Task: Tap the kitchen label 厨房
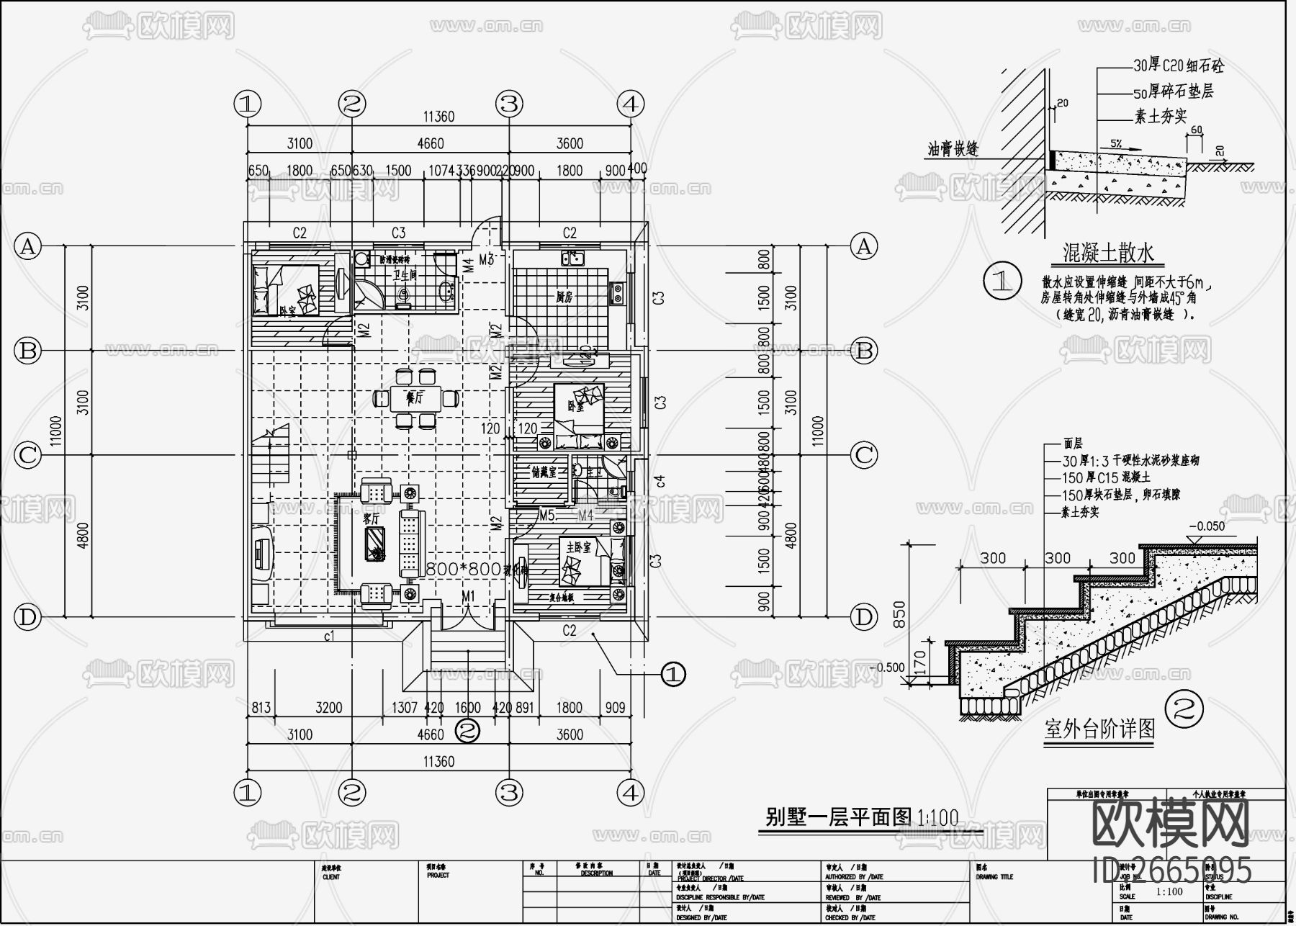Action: tap(564, 297)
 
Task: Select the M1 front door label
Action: tap(469, 596)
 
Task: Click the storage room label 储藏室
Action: tap(544, 473)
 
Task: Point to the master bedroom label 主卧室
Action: tap(578, 548)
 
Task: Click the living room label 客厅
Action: tap(371, 518)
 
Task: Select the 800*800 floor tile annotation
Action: tap(464, 569)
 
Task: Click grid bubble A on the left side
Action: tap(27, 247)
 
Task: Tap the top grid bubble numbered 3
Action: tap(509, 104)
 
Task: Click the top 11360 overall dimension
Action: tap(438, 117)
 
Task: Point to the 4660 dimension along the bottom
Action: tap(431, 734)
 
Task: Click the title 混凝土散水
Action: tap(1108, 252)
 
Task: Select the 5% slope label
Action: tap(1115, 144)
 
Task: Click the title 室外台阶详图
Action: tap(1099, 729)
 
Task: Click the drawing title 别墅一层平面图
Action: tap(839, 817)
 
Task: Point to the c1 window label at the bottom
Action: tap(330, 636)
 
